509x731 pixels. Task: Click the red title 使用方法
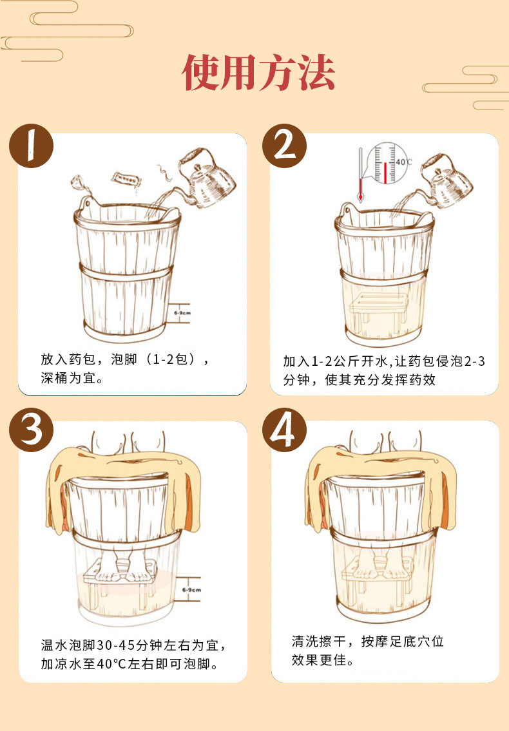(x=258, y=72)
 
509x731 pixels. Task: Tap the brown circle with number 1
(x=32, y=146)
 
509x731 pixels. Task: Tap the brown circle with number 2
(x=285, y=146)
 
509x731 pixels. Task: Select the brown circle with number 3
(x=32, y=430)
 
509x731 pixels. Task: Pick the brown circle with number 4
(x=285, y=430)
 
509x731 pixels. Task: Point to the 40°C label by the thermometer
(x=404, y=162)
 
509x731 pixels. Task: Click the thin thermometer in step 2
(x=361, y=174)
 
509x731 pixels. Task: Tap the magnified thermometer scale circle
(x=387, y=164)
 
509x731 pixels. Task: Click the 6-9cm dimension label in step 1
(x=182, y=313)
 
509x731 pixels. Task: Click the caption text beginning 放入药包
(x=124, y=368)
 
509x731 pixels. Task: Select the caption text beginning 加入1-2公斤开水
(x=384, y=370)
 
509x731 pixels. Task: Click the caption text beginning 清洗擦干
(x=368, y=650)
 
